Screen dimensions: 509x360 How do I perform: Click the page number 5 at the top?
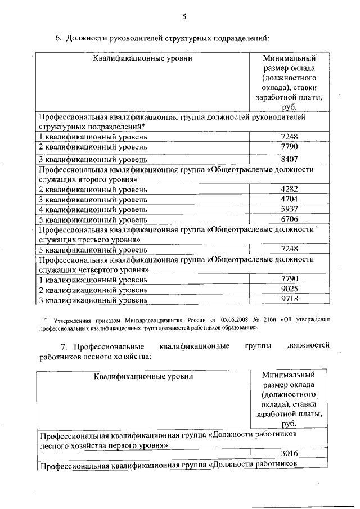tap(184, 16)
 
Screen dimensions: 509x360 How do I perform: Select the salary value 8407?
tap(288, 159)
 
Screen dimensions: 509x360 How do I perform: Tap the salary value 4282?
tap(288, 189)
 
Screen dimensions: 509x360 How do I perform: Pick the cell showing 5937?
tap(288, 209)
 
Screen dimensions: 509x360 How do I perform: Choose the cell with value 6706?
tap(288, 219)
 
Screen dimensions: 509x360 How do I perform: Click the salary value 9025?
tap(288, 289)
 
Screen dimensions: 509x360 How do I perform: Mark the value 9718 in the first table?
tap(288, 299)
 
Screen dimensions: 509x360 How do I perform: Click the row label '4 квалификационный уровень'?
tap(93, 209)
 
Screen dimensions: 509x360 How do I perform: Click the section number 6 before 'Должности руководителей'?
tap(57, 39)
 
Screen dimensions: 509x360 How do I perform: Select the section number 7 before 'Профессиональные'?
tap(64, 345)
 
